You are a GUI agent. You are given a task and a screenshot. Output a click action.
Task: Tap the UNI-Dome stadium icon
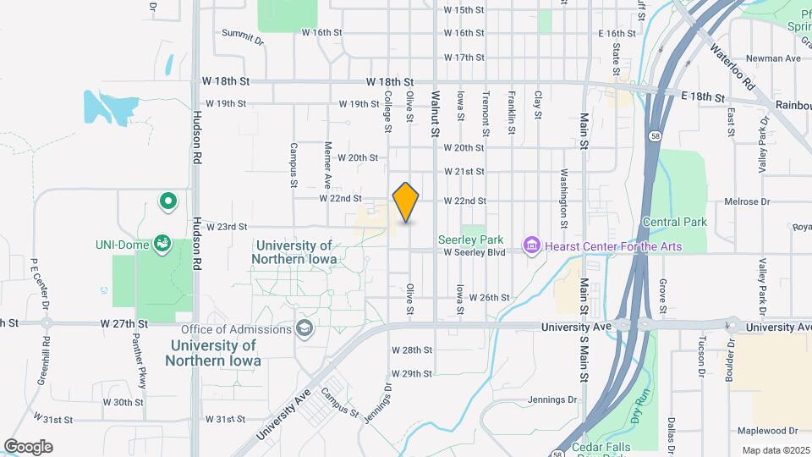(162, 245)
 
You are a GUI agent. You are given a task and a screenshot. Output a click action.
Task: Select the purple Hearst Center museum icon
(532, 246)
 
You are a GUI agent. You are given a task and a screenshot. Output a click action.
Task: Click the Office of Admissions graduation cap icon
(303, 329)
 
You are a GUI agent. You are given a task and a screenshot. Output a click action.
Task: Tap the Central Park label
(674, 223)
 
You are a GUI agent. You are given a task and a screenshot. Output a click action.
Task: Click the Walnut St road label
(436, 114)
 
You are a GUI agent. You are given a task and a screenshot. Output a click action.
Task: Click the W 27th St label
(123, 323)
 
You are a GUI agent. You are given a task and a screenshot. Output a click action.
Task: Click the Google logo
(28, 447)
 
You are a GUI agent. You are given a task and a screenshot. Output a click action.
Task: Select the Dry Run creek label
(640, 404)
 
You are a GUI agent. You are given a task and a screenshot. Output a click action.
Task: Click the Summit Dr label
(243, 34)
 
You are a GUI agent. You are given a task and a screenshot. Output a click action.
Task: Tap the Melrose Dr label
(747, 202)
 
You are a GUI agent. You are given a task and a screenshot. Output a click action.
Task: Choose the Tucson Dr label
(701, 355)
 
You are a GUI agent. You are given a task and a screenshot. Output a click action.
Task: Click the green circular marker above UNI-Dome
(168, 201)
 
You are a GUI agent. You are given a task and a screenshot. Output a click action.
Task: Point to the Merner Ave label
(327, 166)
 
